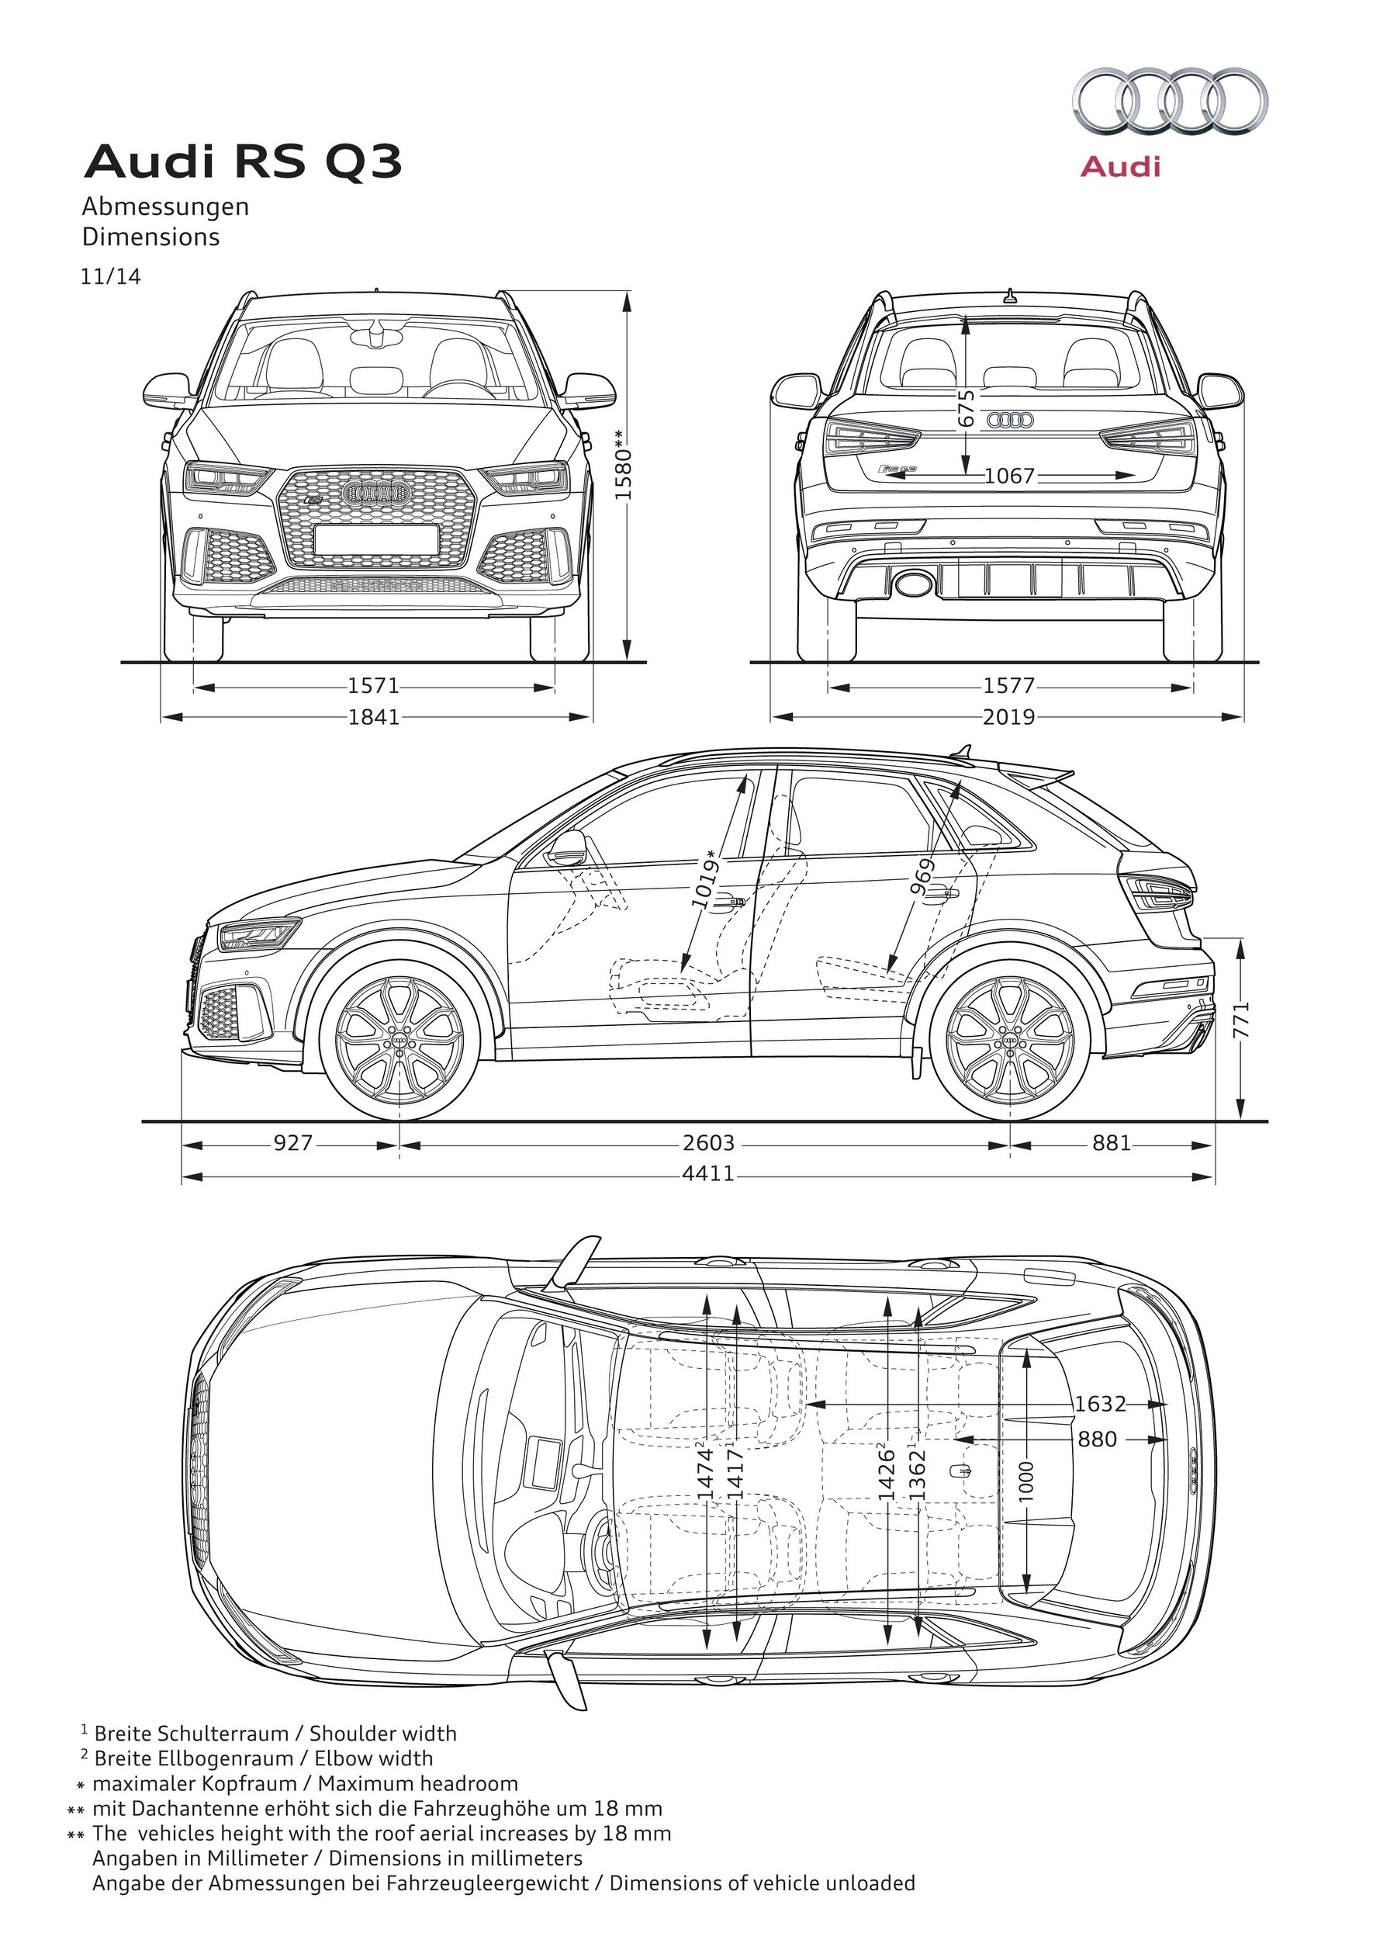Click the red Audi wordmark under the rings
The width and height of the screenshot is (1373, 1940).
(x=1121, y=167)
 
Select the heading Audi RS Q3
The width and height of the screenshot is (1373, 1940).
(x=243, y=161)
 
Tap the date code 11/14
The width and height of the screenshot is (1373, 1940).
(x=111, y=276)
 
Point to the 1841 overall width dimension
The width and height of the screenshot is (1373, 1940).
(x=374, y=717)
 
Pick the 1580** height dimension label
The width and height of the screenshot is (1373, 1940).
(x=623, y=464)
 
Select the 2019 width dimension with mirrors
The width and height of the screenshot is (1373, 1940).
(x=1008, y=717)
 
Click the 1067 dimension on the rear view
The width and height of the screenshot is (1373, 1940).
(x=1009, y=476)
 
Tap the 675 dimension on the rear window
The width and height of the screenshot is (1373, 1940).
(x=967, y=407)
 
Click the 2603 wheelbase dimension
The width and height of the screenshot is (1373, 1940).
(x=708, y=1143)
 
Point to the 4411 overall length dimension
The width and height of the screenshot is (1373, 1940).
(x=708, y=1175)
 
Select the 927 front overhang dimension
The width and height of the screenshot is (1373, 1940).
(x=292, y=1143)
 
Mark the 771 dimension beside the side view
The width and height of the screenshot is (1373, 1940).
(x=1242, y=1021)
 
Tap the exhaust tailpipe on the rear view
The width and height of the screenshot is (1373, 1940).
(x=912, y=583)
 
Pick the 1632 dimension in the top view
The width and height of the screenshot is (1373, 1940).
(x=1100, y=1404)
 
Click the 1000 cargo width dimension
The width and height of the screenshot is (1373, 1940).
(x=1026, y=1481)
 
